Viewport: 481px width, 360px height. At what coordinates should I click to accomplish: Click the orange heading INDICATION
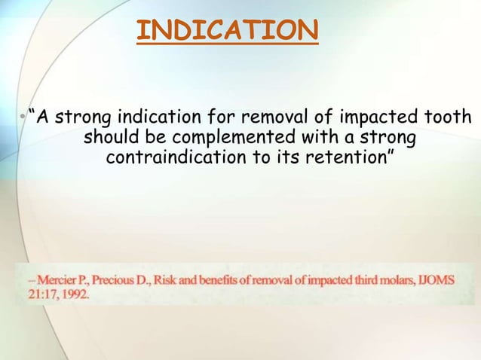[x=228, y=30]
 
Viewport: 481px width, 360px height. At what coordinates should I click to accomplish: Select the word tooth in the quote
[x=449, y=118]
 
